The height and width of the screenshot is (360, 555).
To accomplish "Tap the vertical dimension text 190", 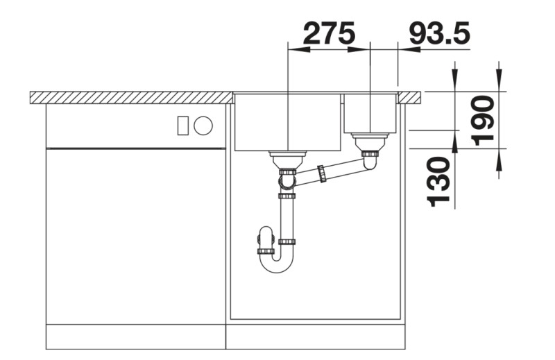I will pos(484,119).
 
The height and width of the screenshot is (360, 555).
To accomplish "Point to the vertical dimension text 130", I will pos(439,182).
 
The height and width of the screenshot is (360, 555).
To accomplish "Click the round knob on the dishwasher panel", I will pos(203,126).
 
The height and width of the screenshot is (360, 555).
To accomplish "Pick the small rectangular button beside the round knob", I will pos(183,126).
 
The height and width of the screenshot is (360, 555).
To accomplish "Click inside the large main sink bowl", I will pos(287,121).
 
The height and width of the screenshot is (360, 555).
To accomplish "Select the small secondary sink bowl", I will pos(370,113).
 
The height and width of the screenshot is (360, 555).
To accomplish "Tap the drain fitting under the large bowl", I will pos(287,156).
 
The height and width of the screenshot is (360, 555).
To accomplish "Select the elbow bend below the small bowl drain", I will pos(370,162).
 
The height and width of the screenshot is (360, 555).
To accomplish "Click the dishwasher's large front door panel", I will pos(136,236).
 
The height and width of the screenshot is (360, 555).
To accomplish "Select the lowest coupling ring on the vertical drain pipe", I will pos(287,241).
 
